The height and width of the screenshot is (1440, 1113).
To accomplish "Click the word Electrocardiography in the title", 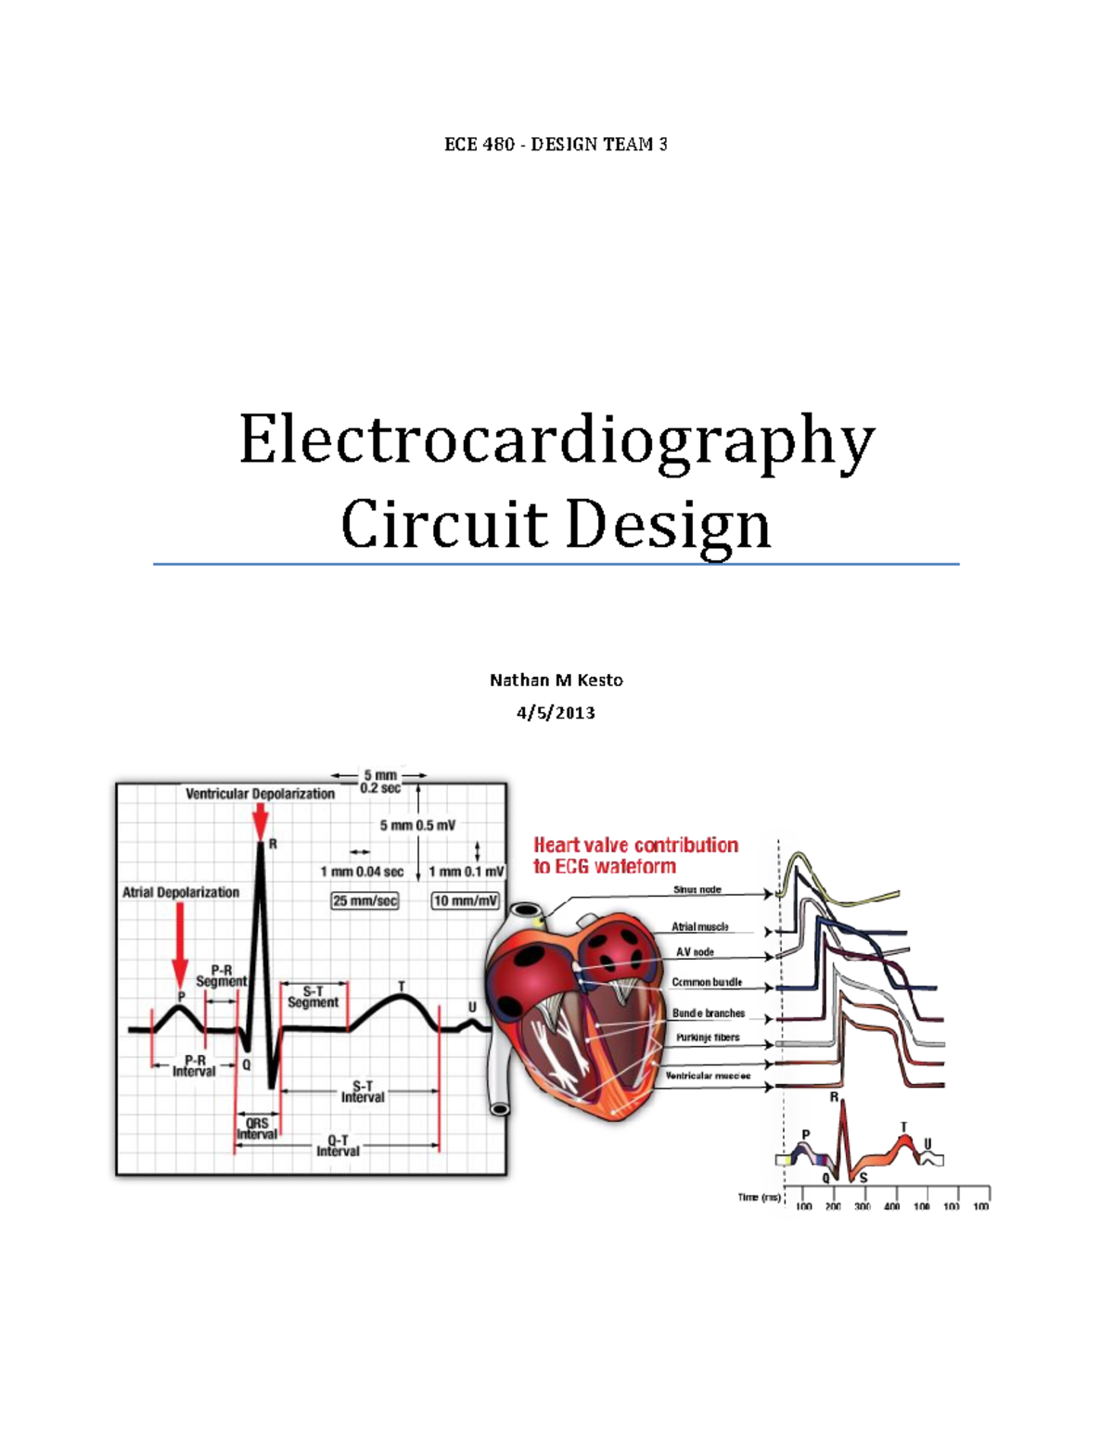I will pos(556,441).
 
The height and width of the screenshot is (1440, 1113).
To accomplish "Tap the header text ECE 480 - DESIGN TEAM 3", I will pos(556,145).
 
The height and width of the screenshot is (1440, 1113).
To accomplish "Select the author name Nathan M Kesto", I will pos(556,680).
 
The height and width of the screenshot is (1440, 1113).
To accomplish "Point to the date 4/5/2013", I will pos(556,713).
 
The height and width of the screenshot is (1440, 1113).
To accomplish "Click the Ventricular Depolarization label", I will pos(260,794).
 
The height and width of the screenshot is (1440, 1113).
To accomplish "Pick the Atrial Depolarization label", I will pos(181,892).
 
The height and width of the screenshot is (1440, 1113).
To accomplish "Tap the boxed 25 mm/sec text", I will pos(365,900).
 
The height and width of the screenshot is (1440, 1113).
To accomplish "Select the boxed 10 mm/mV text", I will pos(465,900).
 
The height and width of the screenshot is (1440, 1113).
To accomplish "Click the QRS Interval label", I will pos(257,1128).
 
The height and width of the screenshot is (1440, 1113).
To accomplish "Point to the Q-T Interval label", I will pos(338,1146).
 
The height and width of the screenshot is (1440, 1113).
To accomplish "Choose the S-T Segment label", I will pos(313,997).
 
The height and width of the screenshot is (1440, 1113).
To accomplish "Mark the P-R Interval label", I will pos(194,1065).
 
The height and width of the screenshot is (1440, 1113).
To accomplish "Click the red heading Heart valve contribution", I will pos(635,845).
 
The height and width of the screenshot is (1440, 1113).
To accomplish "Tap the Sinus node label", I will pos(697,889).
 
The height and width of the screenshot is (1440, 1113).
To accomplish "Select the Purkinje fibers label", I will pos(708,1038).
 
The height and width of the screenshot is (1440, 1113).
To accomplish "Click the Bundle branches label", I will pos(709,1013).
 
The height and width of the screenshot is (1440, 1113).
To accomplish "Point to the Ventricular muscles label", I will pos(708,1076).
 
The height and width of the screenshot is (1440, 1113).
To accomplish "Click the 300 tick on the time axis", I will pos(863,1206).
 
